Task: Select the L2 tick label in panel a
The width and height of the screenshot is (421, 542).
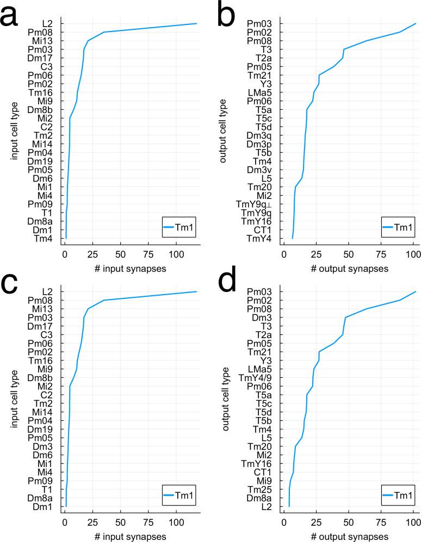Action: click(47, 23)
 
